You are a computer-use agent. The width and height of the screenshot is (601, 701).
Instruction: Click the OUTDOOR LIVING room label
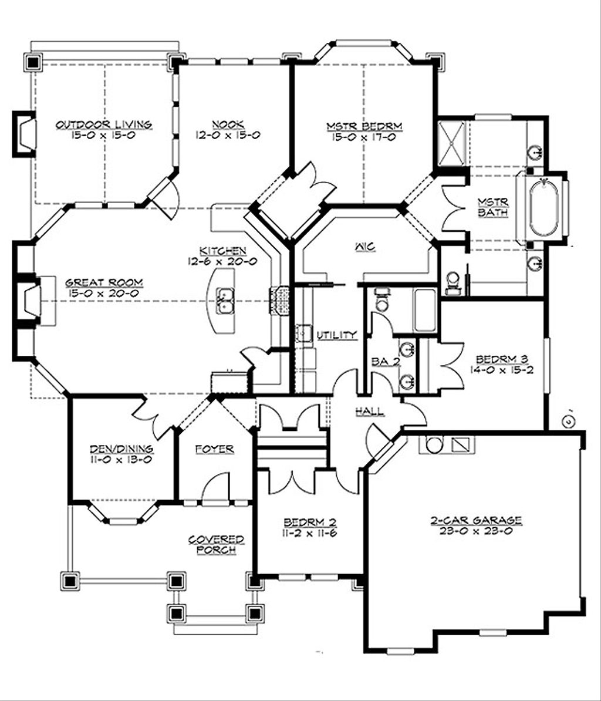coord(104,124)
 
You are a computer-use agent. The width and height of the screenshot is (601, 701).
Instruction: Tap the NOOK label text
coord(228,124)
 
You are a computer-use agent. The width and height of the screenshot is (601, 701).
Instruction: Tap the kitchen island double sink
coord(224,300)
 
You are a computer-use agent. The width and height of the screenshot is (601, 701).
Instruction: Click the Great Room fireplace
coord(29,301)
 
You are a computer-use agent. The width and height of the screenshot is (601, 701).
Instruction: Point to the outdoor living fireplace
coord(25,134)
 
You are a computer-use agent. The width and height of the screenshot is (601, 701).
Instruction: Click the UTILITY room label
coord(336,335)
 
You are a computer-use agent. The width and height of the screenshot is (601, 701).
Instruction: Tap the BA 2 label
coord(386,362)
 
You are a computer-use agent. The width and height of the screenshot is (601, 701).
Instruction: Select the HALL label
coord(370,412)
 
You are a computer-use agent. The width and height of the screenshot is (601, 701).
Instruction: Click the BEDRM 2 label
coord(309,523)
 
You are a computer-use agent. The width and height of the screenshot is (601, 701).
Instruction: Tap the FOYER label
coord(214,449)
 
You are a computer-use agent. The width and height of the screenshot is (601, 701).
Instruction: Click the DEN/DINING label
coord(121,449)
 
